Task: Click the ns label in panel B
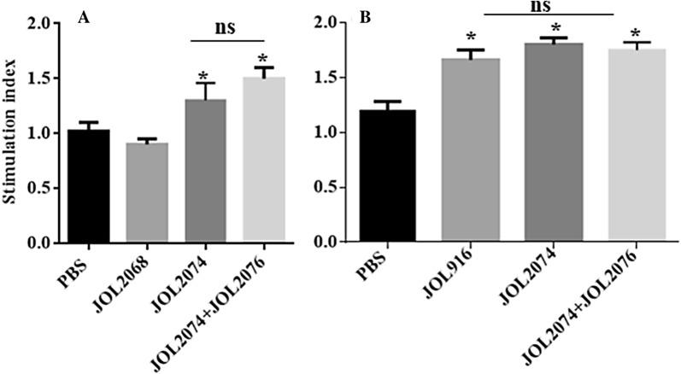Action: click(x=553, y=6)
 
